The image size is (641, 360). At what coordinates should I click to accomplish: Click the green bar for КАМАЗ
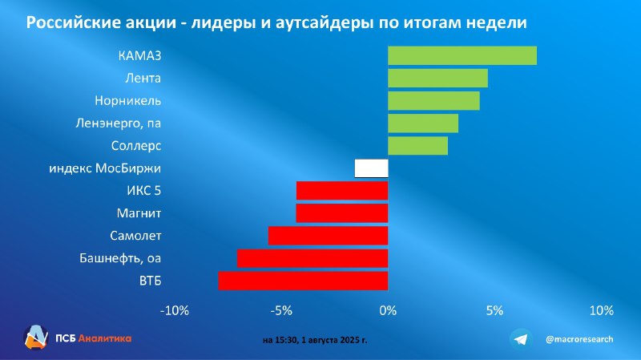(462, 55)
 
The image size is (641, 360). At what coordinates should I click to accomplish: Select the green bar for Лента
(437, 78)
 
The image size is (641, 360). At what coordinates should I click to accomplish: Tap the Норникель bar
(433, 101)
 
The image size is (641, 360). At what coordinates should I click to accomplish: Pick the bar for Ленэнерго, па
(423, 123)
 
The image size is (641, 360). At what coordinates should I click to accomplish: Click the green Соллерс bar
(417, 146)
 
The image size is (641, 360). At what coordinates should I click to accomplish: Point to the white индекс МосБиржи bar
(371, 168)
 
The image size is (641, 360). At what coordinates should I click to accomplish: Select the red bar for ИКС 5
(342, 191)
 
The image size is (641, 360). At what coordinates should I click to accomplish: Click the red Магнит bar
(342, 213)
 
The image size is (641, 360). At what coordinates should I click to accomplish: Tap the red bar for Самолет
(329, 236)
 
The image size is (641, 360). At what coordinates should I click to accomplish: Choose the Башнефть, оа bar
(312, 258)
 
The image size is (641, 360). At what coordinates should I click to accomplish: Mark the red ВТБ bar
(304, 281)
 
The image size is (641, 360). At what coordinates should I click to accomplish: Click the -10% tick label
(175, 310)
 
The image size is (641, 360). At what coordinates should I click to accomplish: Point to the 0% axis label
(388, 310)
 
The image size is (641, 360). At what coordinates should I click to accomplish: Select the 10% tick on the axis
(602, 310)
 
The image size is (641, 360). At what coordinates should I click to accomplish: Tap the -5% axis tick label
(281, 310)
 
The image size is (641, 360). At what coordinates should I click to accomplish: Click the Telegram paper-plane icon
(521, 339)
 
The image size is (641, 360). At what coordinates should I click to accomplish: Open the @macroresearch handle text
(579, 339)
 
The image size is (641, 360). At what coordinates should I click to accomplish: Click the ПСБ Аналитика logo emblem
(35, 338)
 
